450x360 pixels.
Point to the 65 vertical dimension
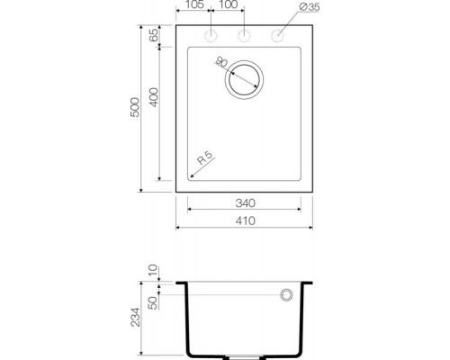[153, 36]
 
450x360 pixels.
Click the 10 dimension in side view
[152, 270]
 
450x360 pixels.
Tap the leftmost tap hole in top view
[211, 36]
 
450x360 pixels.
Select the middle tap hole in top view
[244, 36]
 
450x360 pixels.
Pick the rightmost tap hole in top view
[277, 36]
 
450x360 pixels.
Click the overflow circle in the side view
[288, 295]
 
